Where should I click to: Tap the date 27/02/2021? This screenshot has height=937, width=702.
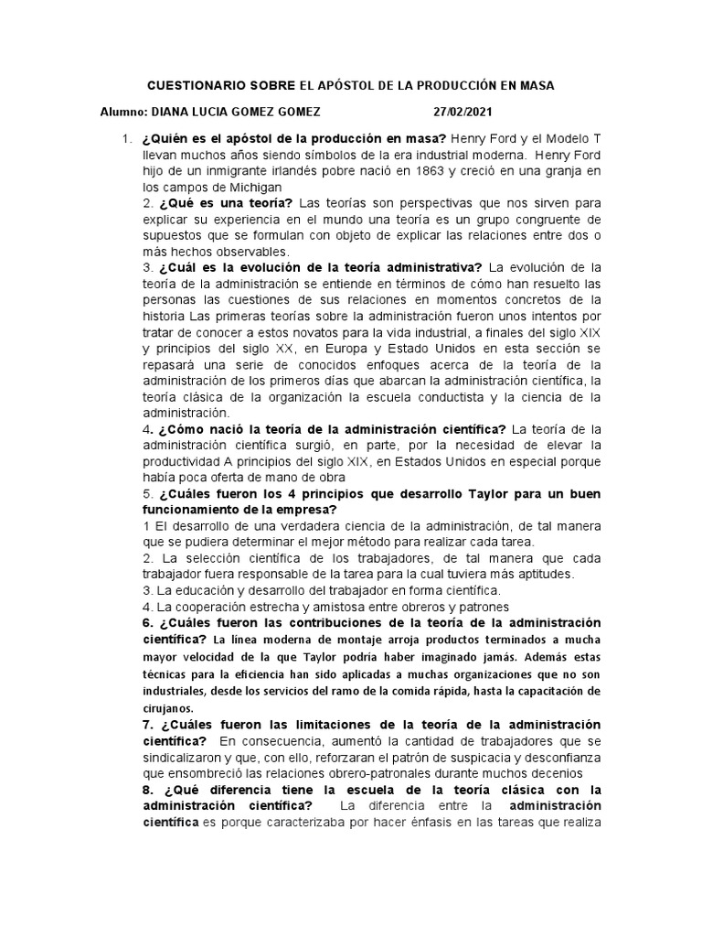[x=463, y=112]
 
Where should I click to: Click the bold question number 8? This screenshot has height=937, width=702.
[x=146, y=789]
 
